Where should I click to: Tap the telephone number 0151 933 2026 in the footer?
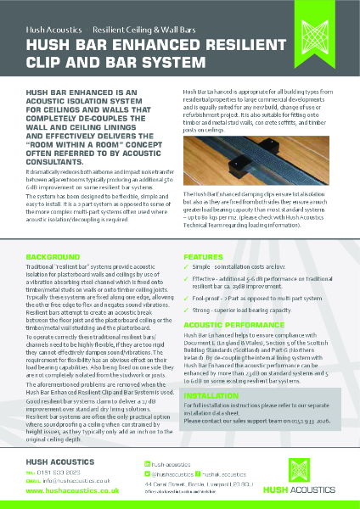tap(59, 472)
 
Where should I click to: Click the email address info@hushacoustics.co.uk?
tap(64, 480)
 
